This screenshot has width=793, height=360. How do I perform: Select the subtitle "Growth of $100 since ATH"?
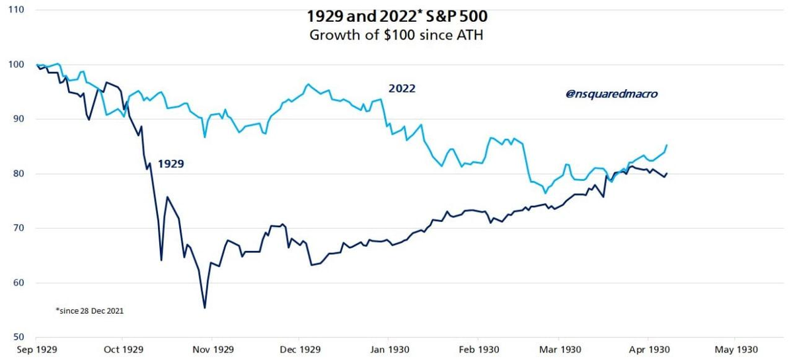tap(397, 34)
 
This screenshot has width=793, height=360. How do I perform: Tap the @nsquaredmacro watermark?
tap(611, 94)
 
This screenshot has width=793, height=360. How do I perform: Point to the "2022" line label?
tap(402, 88)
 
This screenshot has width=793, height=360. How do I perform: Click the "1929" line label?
tap(170, 163)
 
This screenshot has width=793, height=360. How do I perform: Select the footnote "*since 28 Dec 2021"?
tap(90, 310)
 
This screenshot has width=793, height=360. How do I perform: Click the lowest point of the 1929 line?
tap(205, 308)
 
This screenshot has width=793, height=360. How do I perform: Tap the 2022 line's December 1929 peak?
tap(307, 85)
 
